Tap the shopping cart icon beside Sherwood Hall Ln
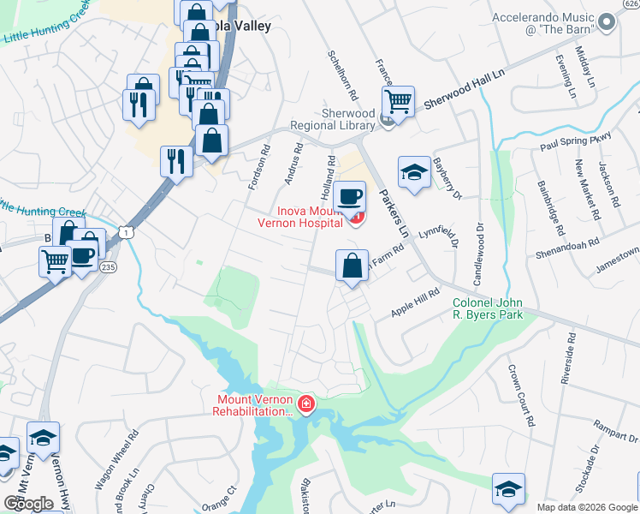point(399,101)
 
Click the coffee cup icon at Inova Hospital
point(349,196)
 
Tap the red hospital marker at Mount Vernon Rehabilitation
point(305,403)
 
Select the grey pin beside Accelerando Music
point(607,23)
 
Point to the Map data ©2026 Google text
point(587,507)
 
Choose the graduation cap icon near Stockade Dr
point(507,489)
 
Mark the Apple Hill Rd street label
point(414,304)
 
